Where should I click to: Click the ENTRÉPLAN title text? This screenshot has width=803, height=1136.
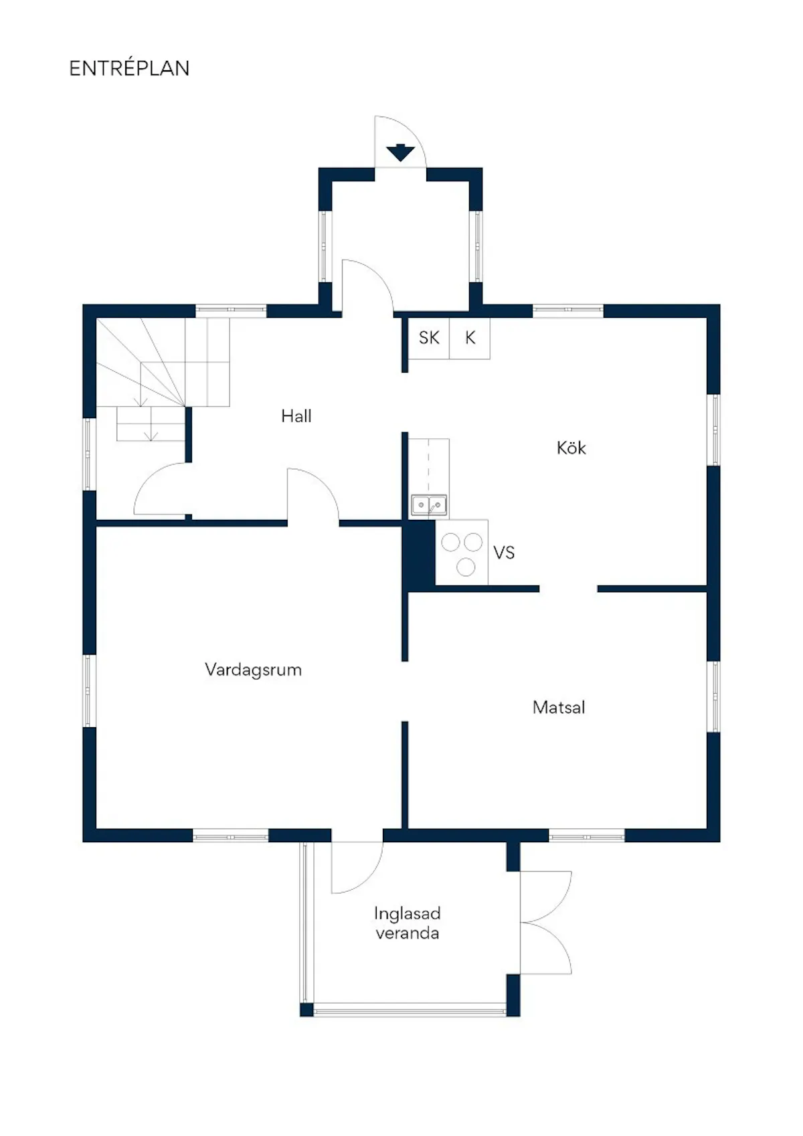tap(129, 68)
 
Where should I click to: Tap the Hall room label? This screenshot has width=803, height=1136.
tap(296, 416)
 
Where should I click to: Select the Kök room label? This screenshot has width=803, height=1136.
tap(571, 448)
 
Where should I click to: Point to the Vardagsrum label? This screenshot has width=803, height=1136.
tap(253, 670)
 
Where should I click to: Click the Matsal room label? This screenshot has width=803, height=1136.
tap(559, 707)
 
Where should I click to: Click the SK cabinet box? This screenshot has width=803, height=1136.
tap(429, 339)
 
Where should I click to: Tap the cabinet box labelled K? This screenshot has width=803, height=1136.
tap(470, 339)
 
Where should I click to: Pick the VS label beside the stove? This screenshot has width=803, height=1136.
tap(504, 553)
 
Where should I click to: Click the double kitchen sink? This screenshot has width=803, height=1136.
tap(429, 505)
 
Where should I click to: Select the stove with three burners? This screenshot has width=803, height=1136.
tap(462, 553)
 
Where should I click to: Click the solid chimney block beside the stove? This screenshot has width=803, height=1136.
tap(418, 556)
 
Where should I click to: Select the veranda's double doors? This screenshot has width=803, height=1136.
tap(546, 923)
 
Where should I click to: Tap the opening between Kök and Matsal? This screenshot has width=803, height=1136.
tap(568, 589)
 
